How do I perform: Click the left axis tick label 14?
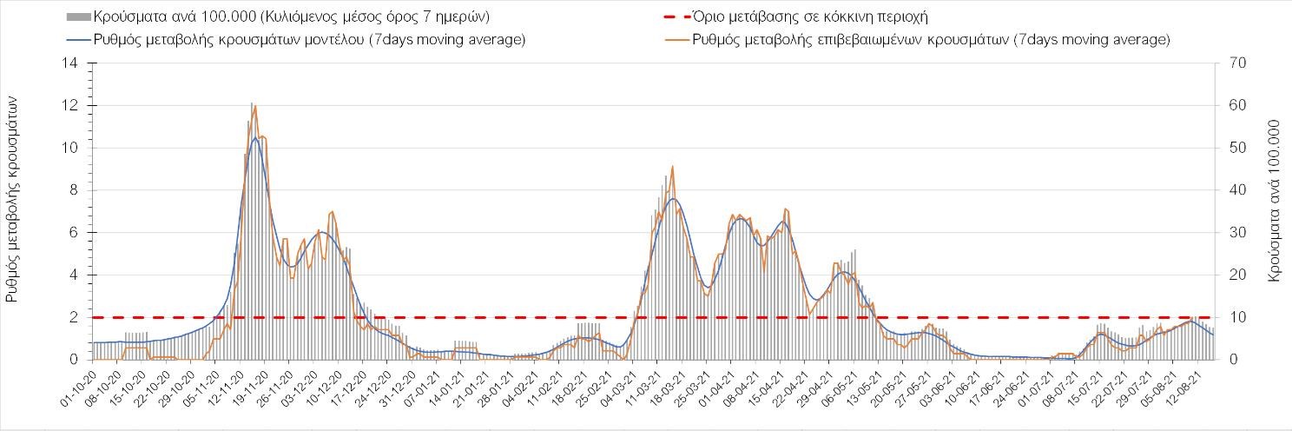click(72, 63)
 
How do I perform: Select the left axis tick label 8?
click(76, 190)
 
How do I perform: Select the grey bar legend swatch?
click(78, 17)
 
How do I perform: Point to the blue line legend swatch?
click(78, 40)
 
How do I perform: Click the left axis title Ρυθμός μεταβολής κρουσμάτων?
click(12, 200)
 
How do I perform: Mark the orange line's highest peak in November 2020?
click(254, 106)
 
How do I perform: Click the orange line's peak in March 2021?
click(673, 167)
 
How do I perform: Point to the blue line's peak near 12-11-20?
click(255, 138)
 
